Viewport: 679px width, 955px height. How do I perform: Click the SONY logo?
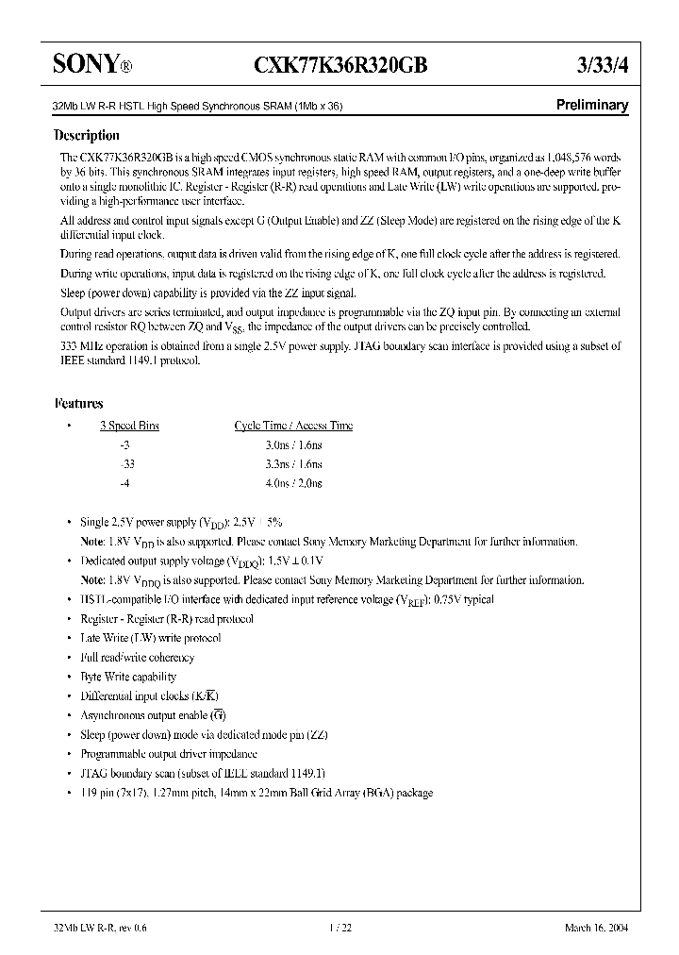[x=86, y=64]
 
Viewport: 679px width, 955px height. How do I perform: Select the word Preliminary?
[x=590, y=106]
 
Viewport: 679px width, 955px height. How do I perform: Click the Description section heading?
[x=87, y=135]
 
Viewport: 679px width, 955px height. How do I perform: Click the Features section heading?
[x=78, y=403]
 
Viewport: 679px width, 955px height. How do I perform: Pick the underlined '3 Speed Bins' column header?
[x=129, y=426]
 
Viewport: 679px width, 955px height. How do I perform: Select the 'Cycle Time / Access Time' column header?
[x=293, y=426]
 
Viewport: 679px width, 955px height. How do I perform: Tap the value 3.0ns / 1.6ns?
[x=293, y=444]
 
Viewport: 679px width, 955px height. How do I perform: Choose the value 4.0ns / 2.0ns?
[x=293, y=483]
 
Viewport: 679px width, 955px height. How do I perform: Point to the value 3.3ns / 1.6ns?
[x=293, y=464]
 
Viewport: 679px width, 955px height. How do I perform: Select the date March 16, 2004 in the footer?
[x=594, y=928]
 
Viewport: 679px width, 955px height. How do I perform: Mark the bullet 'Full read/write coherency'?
[x=137, y=657]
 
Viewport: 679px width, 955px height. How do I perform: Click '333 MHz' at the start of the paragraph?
[x=83, y=346]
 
